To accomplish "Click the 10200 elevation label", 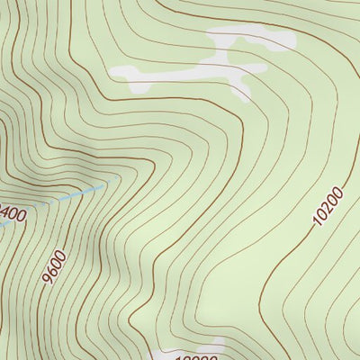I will click(329, 206).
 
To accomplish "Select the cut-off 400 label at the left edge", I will click(12, 214).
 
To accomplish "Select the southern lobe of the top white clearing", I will click(239, 86).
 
